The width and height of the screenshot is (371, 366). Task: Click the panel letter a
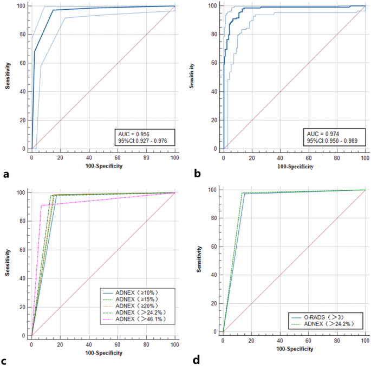tap(6, 174)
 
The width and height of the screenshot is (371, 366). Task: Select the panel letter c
tap(6, 358)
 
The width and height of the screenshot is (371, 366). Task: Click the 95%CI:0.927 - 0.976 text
tap(144, 141)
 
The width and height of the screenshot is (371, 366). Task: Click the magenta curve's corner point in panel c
tap(41, 205)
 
